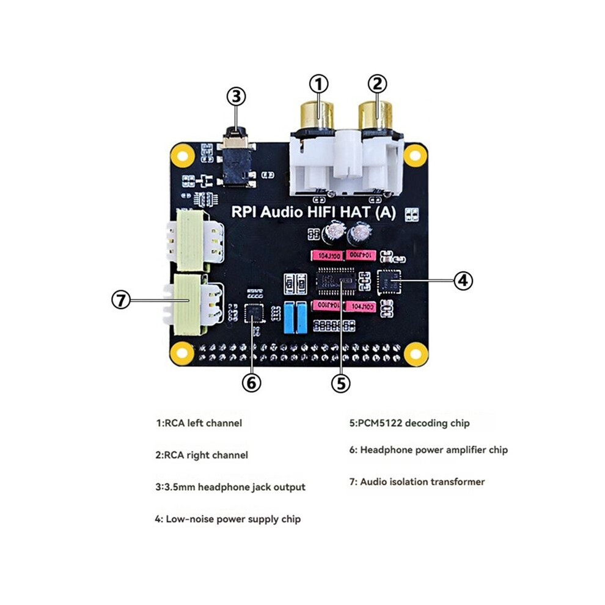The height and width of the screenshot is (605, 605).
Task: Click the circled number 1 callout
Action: click(x=319, y=84)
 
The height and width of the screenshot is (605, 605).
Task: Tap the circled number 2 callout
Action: click(x=377, y=83)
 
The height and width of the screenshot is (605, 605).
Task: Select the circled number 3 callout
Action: click(x=236, y=97)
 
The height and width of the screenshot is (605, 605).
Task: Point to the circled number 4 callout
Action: click(x=463, y=280)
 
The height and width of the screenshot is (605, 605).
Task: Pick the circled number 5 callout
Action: click(x=341, y=383)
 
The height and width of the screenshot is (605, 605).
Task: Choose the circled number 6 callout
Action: click(x=252, y=383)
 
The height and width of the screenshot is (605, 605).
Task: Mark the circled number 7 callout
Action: click(x=121, y=300)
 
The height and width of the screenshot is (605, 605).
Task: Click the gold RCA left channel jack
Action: click(x=317, y=116)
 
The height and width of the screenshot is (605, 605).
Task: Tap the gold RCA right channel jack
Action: click(x=375, y=116)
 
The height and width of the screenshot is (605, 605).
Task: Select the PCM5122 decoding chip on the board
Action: click(x=335, y=281)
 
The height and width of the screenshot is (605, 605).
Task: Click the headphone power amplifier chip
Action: click(x=254, y=313)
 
